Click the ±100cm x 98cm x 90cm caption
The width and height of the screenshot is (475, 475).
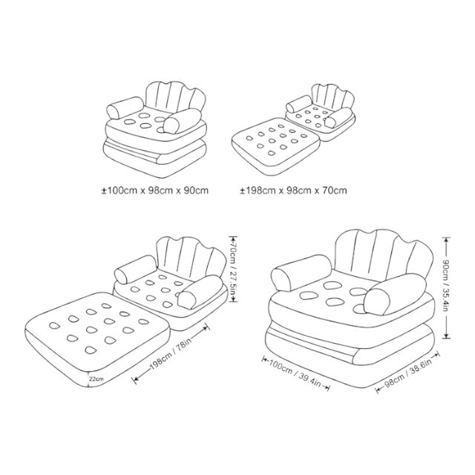click(155, 191)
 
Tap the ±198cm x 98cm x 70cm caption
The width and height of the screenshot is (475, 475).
click(294, 191)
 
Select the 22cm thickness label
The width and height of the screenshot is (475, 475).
click(96, 379)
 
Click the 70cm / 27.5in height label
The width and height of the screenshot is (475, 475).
click(233, 269)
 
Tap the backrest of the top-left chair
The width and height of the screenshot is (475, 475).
click(175, 97)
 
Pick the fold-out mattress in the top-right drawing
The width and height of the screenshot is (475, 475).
click(275, 146)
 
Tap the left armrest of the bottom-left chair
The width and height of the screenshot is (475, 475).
click(136, 269)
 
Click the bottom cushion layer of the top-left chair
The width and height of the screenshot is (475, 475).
click(155, 158)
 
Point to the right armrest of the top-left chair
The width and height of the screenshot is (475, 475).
click(183, 120)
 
